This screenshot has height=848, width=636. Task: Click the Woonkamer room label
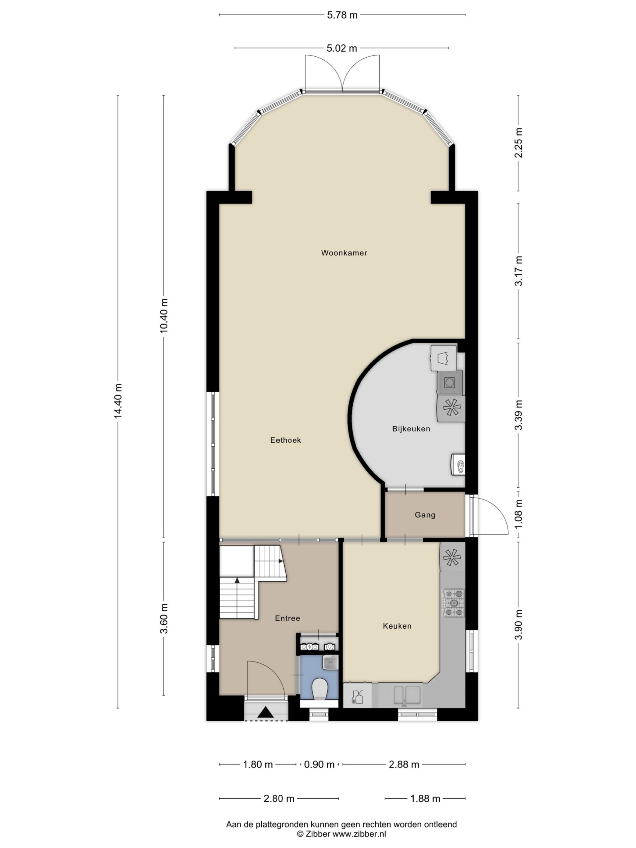click(344, 253)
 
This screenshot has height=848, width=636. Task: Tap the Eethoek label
click(286, 440)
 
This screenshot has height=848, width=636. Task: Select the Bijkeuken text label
click(411, 429)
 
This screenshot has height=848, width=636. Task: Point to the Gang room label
click(425, 515)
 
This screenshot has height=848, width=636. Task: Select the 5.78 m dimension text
click(342, 15)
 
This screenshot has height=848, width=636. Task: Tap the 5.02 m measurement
click(342, 48)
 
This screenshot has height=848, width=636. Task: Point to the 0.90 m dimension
click(319, 765)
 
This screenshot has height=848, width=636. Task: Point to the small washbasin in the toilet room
click(330, 662)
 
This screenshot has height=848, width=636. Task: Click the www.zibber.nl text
click(359, 833)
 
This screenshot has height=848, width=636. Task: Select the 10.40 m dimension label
click(164, 315)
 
